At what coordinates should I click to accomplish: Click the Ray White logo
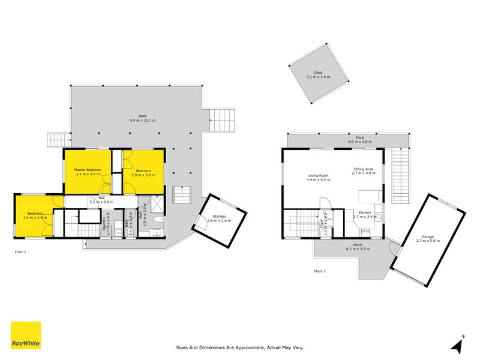coord(26,335)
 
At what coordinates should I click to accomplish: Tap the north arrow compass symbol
coord(458,344)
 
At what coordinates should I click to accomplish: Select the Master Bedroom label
coord(88,170)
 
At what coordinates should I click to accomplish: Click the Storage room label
coord(218,217)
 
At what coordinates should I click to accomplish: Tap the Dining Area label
coord(363,170)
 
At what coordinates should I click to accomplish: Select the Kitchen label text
coord(365,212)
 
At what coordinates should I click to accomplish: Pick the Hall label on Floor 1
coord(102,198)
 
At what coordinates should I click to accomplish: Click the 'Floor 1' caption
coord(20,252)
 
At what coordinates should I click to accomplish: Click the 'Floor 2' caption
coord(320,271)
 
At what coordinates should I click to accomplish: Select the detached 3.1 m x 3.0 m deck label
coord(318,74)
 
